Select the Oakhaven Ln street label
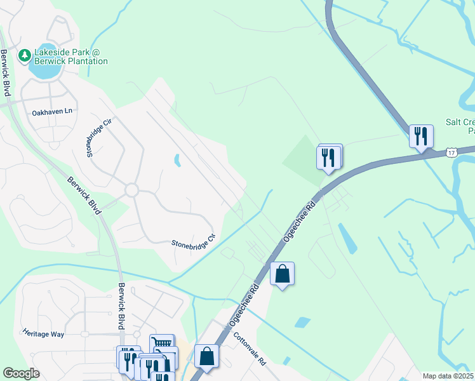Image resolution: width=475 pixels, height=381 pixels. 53,112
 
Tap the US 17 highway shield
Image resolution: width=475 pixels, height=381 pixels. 451,152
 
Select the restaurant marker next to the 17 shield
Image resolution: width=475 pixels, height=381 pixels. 421,137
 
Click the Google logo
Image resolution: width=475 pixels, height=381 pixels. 21,373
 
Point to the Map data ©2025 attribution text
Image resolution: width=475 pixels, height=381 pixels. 448,376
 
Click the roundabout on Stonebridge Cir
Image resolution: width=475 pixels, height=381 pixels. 131,190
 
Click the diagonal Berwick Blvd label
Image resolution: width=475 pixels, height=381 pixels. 84,195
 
